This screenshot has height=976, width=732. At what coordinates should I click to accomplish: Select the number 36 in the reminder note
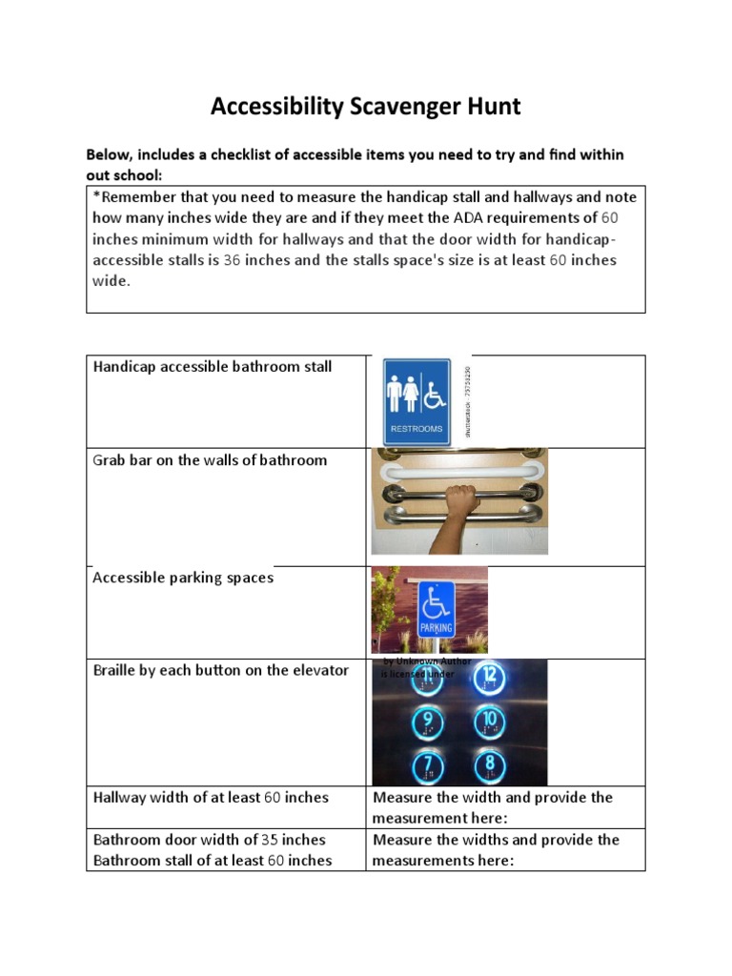(x=232, y=259)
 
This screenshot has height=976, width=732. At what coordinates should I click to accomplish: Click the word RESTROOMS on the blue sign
(x=417, y=429)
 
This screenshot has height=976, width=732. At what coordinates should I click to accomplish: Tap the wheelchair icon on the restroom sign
(x=435, y=392)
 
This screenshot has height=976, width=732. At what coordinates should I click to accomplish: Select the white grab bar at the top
(x=459, y=472)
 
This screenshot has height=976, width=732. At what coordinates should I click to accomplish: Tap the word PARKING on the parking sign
(x=437, y=629)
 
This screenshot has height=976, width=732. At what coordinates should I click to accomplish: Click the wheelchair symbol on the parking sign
(x=437, y=601)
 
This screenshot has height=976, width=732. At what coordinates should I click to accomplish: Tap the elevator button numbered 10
(x=488, y=721)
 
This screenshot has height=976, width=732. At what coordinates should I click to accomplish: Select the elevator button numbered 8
(x=488, y=766)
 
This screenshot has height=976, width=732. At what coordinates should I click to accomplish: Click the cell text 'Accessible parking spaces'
(x=183, y=578)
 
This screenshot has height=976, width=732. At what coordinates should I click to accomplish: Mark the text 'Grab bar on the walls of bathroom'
(x=210, y=460)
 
